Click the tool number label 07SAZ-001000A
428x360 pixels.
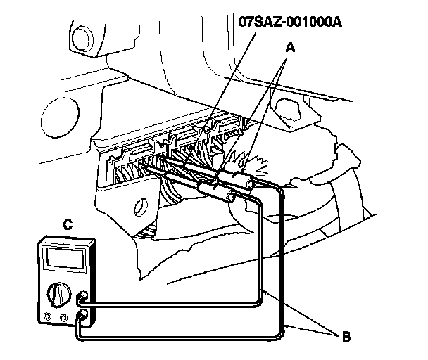coord(291,21)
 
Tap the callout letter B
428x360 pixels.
coord(346,336)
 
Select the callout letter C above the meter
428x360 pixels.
coord(68,226)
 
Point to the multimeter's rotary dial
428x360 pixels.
coord(57,292)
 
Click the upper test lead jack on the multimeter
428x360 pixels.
coord(84,297)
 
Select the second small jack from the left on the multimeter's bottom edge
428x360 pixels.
coord(63,319)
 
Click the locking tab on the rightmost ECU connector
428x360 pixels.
coord(229,124)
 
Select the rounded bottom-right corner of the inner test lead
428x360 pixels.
coord(262,299)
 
